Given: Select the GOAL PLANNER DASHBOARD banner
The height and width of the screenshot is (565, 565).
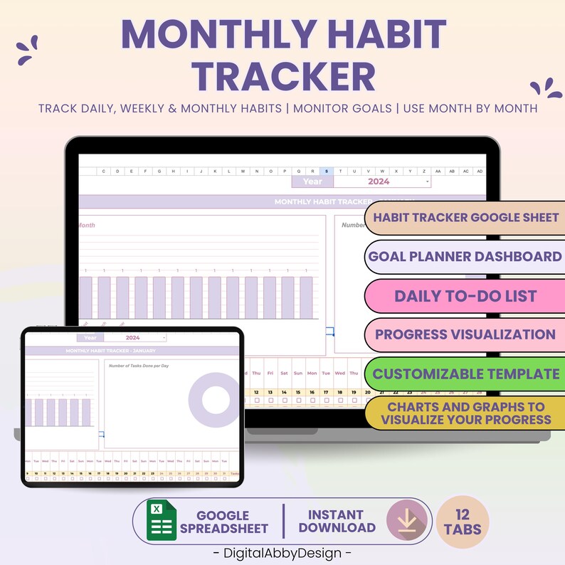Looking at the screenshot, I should pos(466,256).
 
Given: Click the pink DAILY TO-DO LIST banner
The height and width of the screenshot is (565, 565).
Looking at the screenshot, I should pos(466,295).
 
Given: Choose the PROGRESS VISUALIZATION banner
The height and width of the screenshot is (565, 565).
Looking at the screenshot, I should pos(466,334).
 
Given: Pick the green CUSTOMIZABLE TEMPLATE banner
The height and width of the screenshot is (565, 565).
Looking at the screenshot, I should pos(466,374).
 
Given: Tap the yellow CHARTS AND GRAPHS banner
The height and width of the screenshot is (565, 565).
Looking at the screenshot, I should pos(466,413).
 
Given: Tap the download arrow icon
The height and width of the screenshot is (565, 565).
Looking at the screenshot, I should pos(407,520).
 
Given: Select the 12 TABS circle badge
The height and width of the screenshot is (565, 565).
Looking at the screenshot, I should pos(463,522).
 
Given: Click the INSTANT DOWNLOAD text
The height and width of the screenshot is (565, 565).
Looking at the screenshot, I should pos(337,521).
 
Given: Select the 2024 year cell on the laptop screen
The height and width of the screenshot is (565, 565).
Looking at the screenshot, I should pos(379,181).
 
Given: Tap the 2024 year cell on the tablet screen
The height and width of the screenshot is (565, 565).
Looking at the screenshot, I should pos(134,338).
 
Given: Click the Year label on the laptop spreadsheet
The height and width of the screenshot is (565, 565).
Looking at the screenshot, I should pos(312,181).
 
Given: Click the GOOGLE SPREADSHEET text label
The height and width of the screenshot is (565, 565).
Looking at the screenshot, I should pos(223,522).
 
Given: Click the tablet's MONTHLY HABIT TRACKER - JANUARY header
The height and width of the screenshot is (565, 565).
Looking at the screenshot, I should pos(110,351).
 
